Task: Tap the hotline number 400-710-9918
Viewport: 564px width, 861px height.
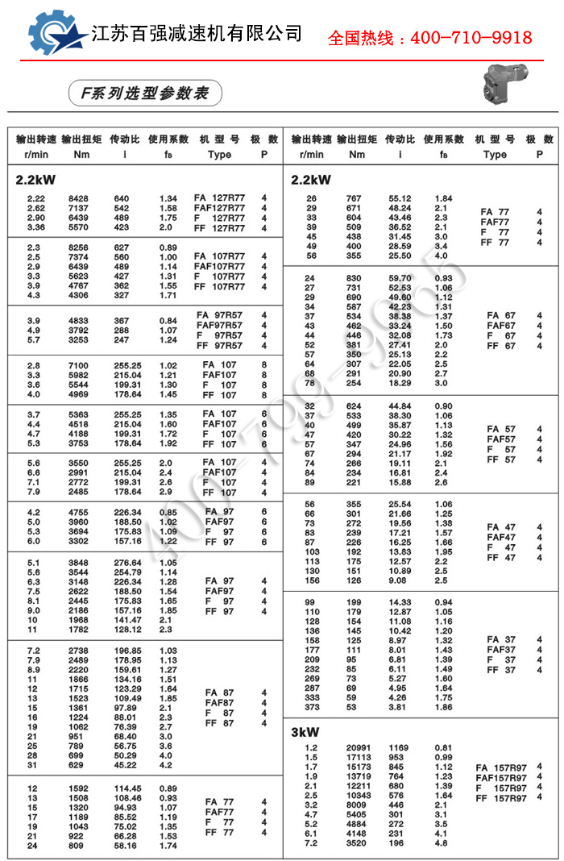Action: pyautogui.click(x=430, y=38)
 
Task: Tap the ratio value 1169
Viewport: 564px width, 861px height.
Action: pyautogui.click(x=400, y=747)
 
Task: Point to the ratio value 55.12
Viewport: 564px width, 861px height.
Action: pyautogui.click(x=400, y=198)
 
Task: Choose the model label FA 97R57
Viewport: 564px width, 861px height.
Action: pyautogui.click(x=218, y=315)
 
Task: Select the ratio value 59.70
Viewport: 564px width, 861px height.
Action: pyautogui.click(x=400, y=278)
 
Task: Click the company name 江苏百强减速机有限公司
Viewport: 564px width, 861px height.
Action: pyautogui.click(x=197, y=33)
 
